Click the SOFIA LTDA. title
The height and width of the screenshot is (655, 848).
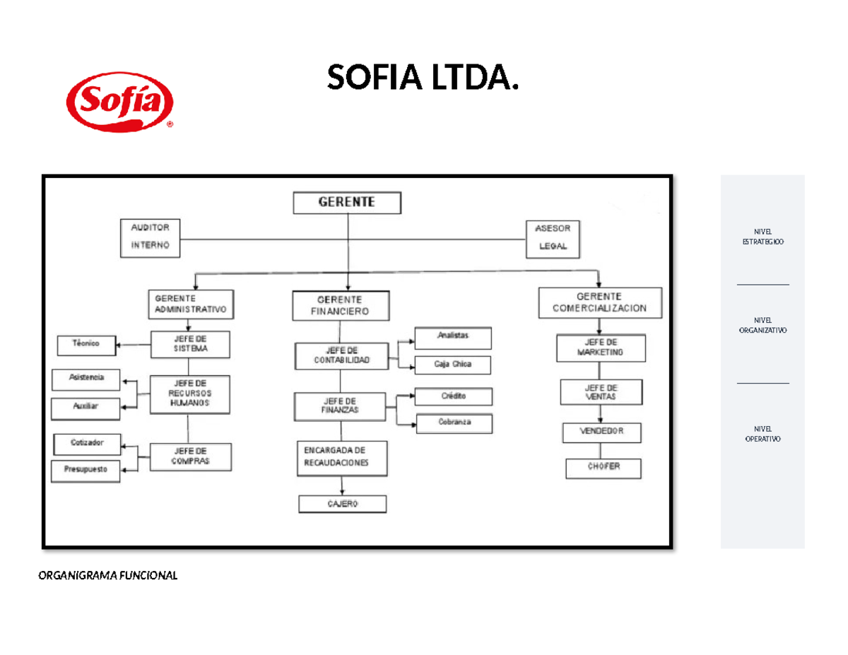[422, 78]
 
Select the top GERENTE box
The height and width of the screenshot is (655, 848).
[347, 203]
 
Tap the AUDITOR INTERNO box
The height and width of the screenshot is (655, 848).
[151, 237]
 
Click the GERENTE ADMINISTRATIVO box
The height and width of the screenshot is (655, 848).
[189, 304]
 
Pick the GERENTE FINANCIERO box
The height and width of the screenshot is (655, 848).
[341, 305]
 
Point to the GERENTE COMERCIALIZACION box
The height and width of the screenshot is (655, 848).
[600, 302]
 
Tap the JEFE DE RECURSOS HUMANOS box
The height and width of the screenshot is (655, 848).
[189, 394]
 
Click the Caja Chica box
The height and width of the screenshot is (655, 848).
[453, 365]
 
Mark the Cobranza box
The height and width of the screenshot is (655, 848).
[454, 423]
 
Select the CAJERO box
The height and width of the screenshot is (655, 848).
[343, 503]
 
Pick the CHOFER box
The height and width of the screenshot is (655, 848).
[603, 468]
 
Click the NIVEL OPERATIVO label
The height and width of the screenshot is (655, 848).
[762, 434]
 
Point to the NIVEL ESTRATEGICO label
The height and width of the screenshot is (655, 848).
[762, 237]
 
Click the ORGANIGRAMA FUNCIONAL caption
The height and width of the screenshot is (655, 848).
[107, 574]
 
